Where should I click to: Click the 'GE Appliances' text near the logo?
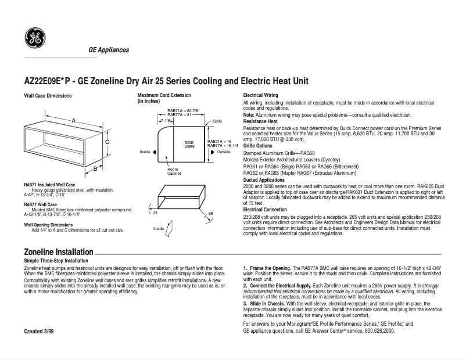[109, 51]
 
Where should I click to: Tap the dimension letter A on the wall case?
[73, 120]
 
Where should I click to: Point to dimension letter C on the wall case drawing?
[107, 142]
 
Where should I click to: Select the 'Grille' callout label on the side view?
[217, 121]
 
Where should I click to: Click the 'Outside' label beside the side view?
[224, 152]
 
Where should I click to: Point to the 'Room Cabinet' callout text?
[173, 171]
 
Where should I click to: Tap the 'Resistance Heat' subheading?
[260, 121]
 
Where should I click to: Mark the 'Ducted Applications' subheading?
[264, 180]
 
